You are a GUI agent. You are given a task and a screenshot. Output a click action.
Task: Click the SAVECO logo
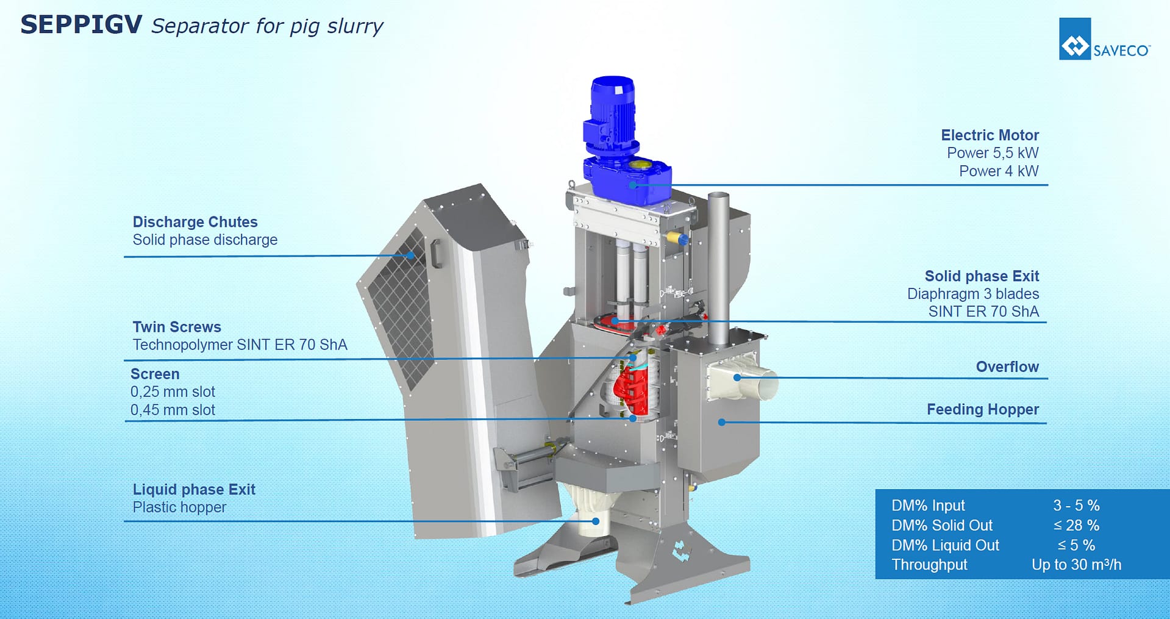pyautogui.click(x=1104, y=39)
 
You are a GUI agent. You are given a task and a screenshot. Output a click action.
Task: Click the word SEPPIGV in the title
pyautogui.click(x=81, y=25)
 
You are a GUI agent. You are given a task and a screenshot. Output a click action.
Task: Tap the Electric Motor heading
pyautogui.click(x=990, y=135)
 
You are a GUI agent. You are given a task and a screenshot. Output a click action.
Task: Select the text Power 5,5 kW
pyautogui.click(x=993, y=153)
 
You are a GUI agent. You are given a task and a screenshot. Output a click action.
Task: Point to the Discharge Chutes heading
pyautogui.click(x=195, y=222)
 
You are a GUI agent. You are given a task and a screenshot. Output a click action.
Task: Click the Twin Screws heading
pyautogui.click(x=177, y=327)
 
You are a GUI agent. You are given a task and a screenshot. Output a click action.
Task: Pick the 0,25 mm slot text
pyautogui.click(x=173, y=392)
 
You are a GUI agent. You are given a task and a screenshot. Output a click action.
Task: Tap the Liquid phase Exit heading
pyautogui.click(x=194, y=490)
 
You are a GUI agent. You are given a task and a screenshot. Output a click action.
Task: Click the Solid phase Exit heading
pyautogui.click(x=982, y=276)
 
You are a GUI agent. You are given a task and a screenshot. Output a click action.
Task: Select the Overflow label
pyautogui.click(x=1007, y=367)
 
